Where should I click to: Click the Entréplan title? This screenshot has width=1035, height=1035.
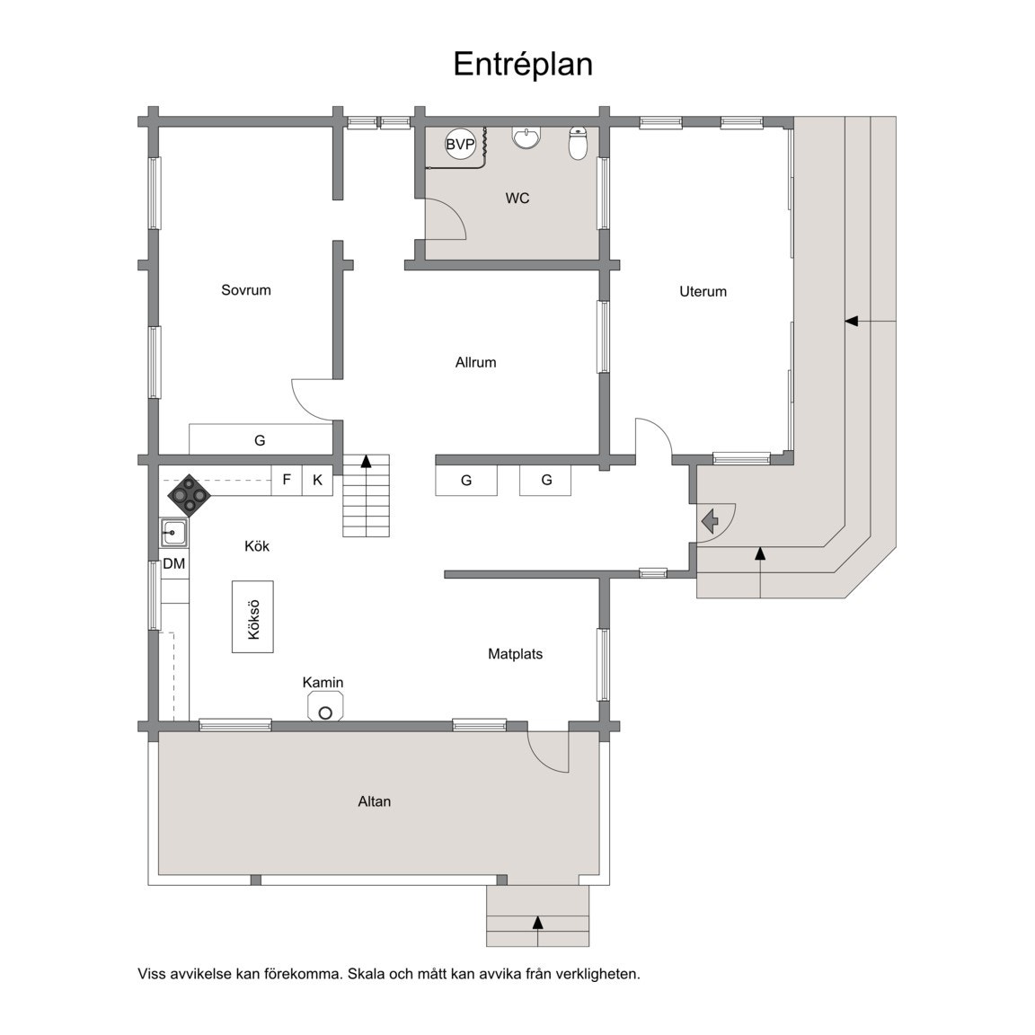click(522, 65)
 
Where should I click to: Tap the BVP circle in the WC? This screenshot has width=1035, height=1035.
click(460, 144)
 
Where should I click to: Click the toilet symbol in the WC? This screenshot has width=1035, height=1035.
click(578, 144)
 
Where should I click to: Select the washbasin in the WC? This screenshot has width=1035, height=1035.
click(526, 137)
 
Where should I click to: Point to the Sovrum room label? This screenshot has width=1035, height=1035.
click(245, 290)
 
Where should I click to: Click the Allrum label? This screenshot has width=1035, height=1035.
click(475, 363)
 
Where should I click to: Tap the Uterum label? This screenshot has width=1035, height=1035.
click(703, 292)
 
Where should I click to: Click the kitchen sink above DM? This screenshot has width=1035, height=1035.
click(173, 534)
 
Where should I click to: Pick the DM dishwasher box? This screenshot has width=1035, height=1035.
click(174, 564)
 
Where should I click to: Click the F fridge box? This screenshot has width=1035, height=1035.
click(287, 480)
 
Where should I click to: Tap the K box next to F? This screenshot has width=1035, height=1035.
click(317, 480)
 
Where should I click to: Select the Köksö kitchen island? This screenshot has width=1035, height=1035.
click(253, 616)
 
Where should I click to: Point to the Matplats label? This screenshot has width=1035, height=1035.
click(515, 654)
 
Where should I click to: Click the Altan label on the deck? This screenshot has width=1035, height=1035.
click(374, 801)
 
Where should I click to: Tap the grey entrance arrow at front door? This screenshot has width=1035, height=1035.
click(710, 520)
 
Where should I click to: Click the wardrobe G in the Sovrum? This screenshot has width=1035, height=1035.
click(260, 440)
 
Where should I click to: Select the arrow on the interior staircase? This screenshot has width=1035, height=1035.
click(366, 462)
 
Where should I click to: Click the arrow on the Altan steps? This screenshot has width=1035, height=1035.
click(537, 922)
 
